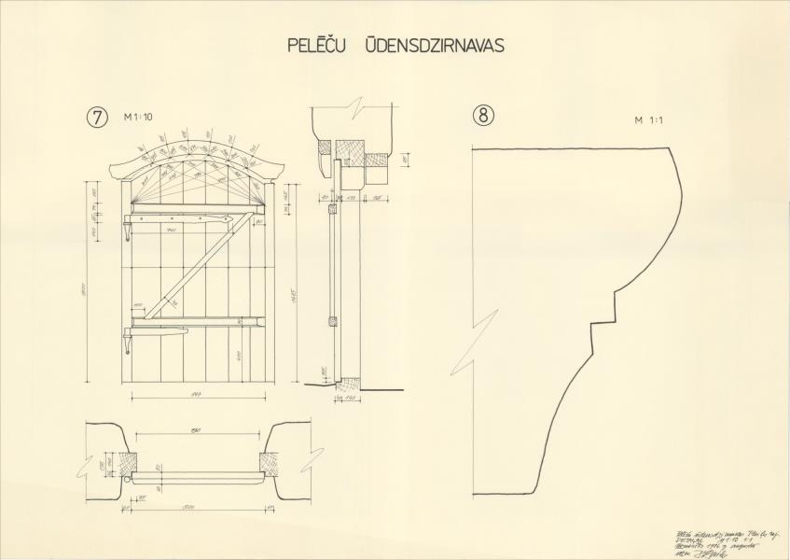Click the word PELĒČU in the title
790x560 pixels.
(x=315, y=45)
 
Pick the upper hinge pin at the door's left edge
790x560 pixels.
(x=127, y=229)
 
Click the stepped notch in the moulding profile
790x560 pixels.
(x=606, y=308)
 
